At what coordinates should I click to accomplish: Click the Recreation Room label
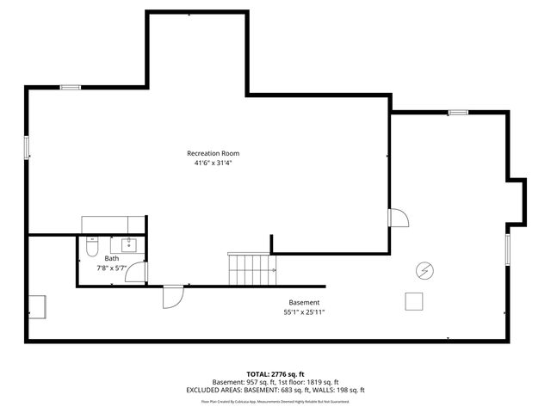[x=213, y=153]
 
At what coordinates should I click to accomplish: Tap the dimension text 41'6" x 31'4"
[x=213, y=163]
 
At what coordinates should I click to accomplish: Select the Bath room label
[x=112, y=258]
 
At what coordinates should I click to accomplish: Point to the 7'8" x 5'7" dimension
[x=112, y=268]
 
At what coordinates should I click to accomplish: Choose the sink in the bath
[x=129, y=244]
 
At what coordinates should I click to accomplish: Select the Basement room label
[x=304, y=303]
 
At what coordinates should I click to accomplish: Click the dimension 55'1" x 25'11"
[x=304, y=312]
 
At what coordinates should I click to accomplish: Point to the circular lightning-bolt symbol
[x=423, y=271]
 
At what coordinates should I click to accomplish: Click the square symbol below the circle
[x=414, y=300]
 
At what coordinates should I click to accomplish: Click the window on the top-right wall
[x=458, y=112]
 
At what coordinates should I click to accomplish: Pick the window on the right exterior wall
[x=507, y=250]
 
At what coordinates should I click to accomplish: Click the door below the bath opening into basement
[x=173, y=296]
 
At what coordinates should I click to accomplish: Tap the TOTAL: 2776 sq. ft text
[x=275, y=374]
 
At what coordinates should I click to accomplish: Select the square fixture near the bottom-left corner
[x=37, y=306]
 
